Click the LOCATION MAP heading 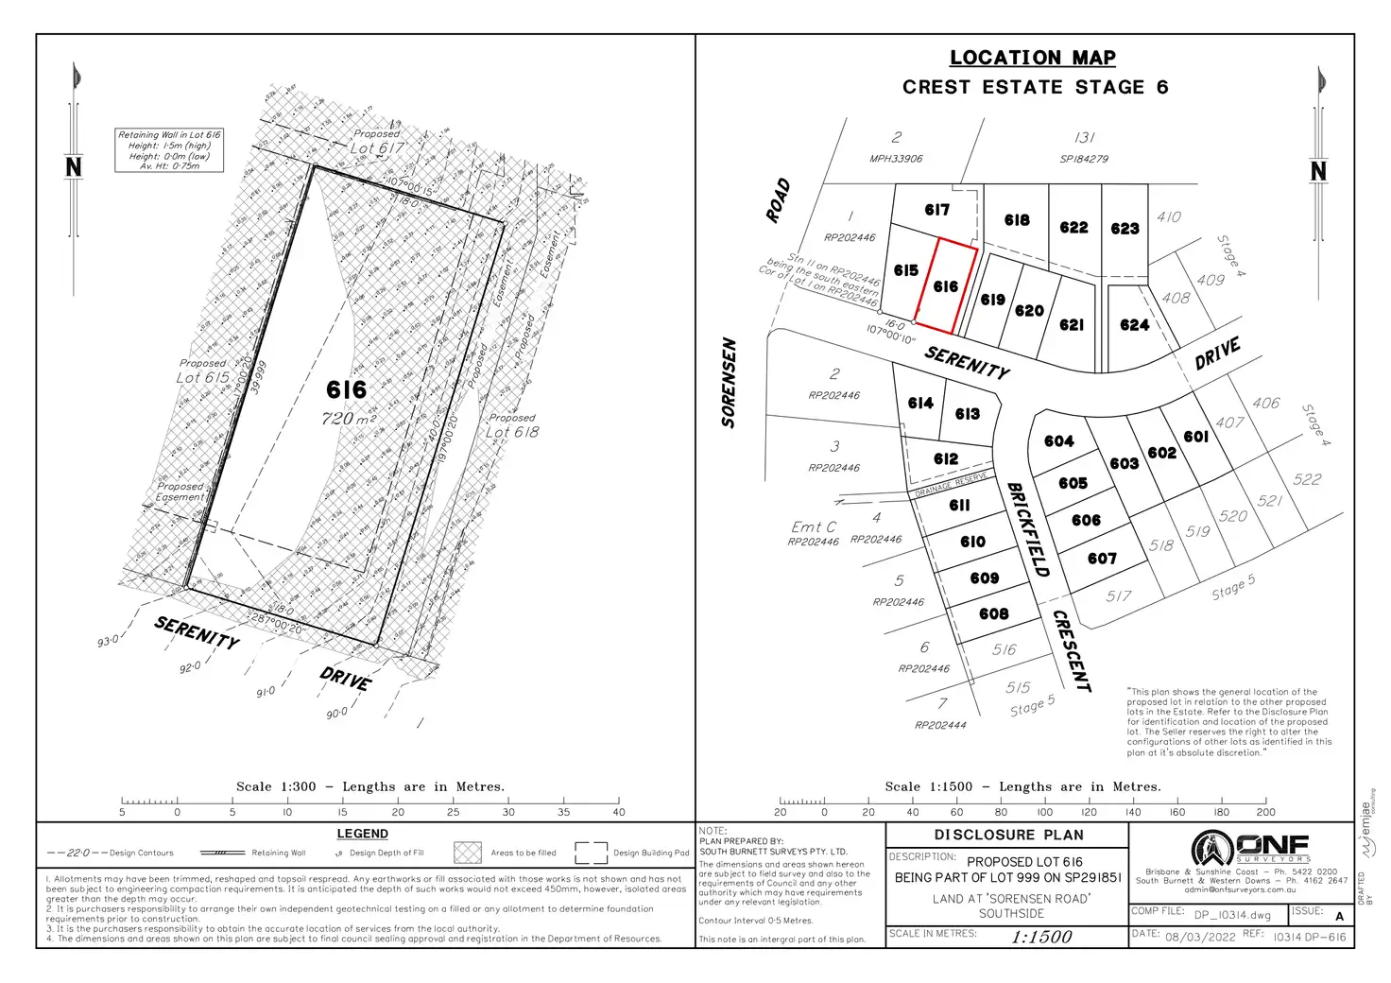click(x=1032, y=58)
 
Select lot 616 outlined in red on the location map click(x=945, y=285)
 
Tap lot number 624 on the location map click(x=1134, y=325)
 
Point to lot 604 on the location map click(x=1058, y=441)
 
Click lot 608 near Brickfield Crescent click(x=993, y=614)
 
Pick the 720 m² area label click(x=349, y=418)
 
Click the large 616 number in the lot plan click(x=346, y=389)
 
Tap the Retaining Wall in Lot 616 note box click(x=169, y=150)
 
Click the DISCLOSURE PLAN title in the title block click(x=1008, y=835)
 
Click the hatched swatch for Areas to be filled click(x=468, y=853)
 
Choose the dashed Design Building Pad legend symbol click(x=591, y=853)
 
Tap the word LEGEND click(x=362, y=834)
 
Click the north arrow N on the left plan click(x=74, y=167)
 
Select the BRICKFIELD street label click(x=1027, y=529)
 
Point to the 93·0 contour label click(x=108, y=642)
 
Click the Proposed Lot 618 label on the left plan click(x=512, y=426)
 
